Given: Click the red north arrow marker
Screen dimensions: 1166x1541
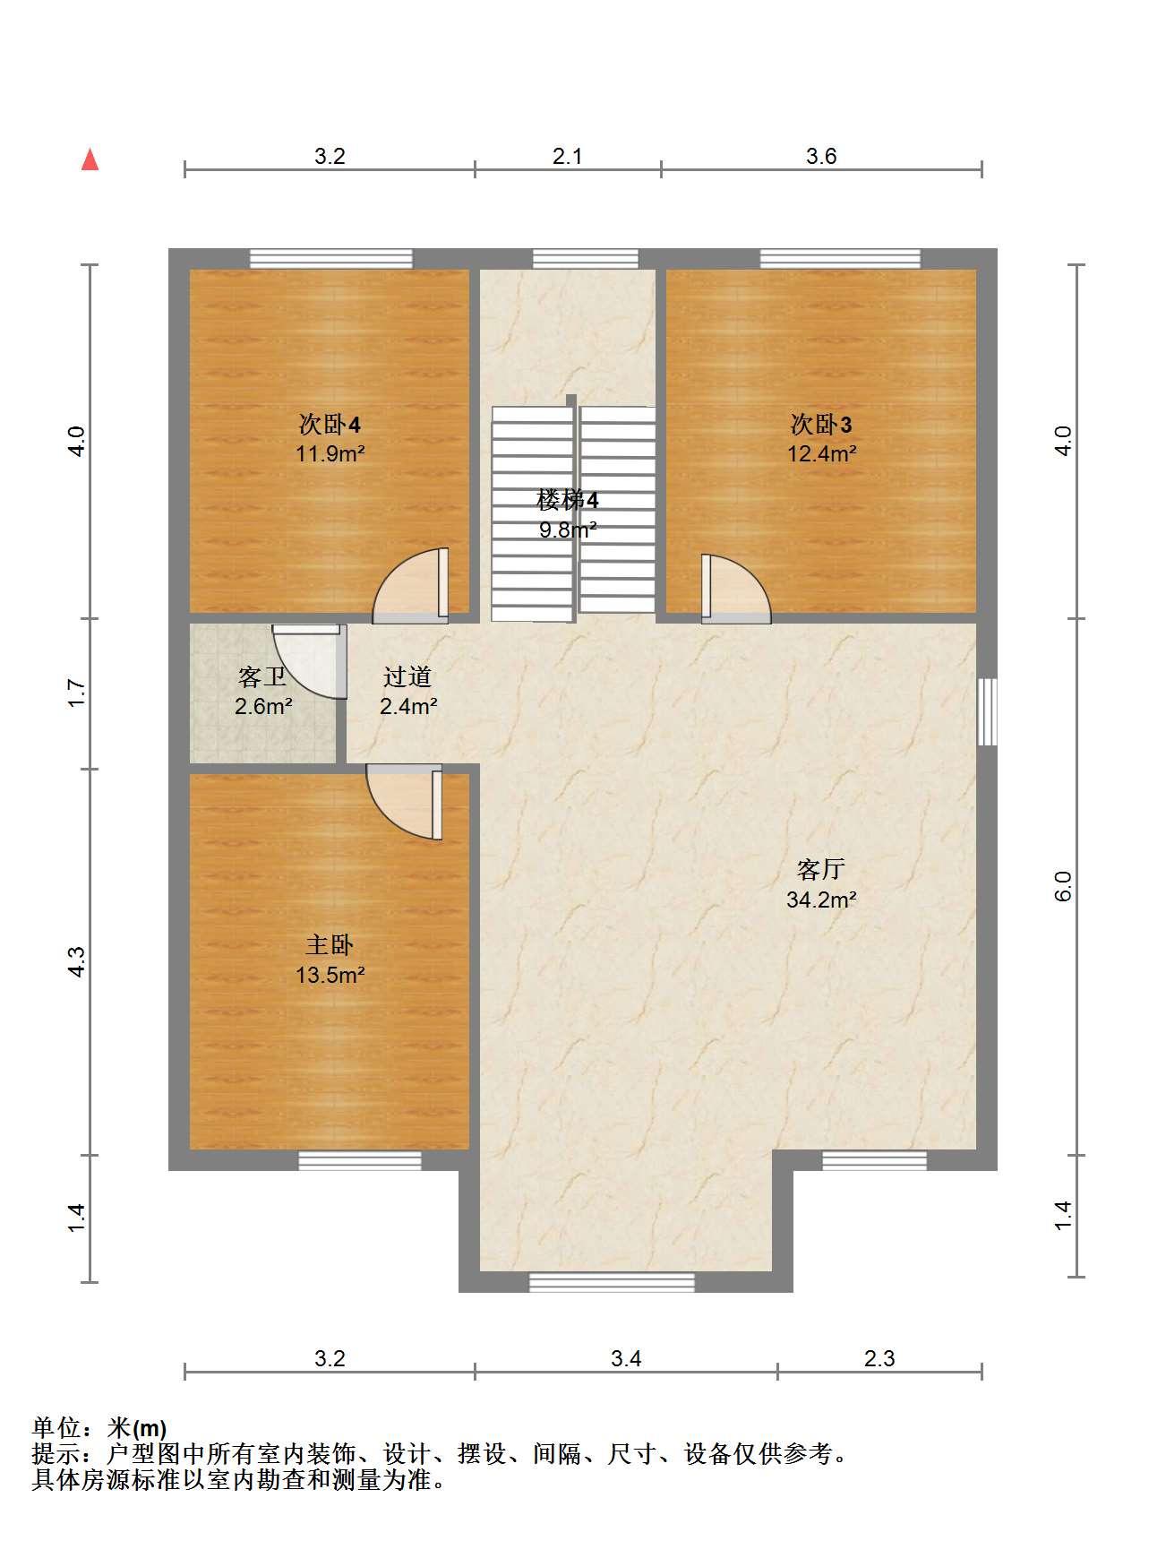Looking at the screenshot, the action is tap(90, 159).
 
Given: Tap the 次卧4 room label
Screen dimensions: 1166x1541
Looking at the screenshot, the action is tap(330, 423).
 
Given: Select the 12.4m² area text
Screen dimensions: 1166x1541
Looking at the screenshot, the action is tap(821, 453).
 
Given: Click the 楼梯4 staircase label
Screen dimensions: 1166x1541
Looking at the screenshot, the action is tap(567, 499).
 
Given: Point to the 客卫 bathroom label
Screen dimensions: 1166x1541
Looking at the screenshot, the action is tap(262, 676).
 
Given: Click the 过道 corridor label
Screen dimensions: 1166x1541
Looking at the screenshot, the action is tap(407, 676).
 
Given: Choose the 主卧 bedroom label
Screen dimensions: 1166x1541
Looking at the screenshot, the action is tap(330, 945).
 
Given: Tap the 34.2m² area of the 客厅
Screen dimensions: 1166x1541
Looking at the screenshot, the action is tap(821, 900).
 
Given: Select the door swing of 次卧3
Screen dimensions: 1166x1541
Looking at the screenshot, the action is tap(735, 589).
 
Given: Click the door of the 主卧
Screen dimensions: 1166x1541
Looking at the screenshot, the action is tap(405, 801).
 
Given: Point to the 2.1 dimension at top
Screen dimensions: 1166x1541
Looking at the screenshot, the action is tap(567, 157).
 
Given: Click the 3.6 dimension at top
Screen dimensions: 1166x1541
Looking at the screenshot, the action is tap(821, 157).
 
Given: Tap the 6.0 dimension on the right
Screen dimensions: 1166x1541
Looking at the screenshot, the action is tap(1063, 886).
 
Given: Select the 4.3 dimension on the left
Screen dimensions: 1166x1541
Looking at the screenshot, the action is tap(76, 961).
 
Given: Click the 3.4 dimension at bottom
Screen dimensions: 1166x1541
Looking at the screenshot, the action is tap(626, 1359).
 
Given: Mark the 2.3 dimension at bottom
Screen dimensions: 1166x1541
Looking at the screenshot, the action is tap(879, 1359).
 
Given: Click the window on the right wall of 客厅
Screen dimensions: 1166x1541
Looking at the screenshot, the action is tap(987, 711).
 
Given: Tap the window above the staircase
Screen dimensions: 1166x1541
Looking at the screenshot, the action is tap(586, 259).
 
